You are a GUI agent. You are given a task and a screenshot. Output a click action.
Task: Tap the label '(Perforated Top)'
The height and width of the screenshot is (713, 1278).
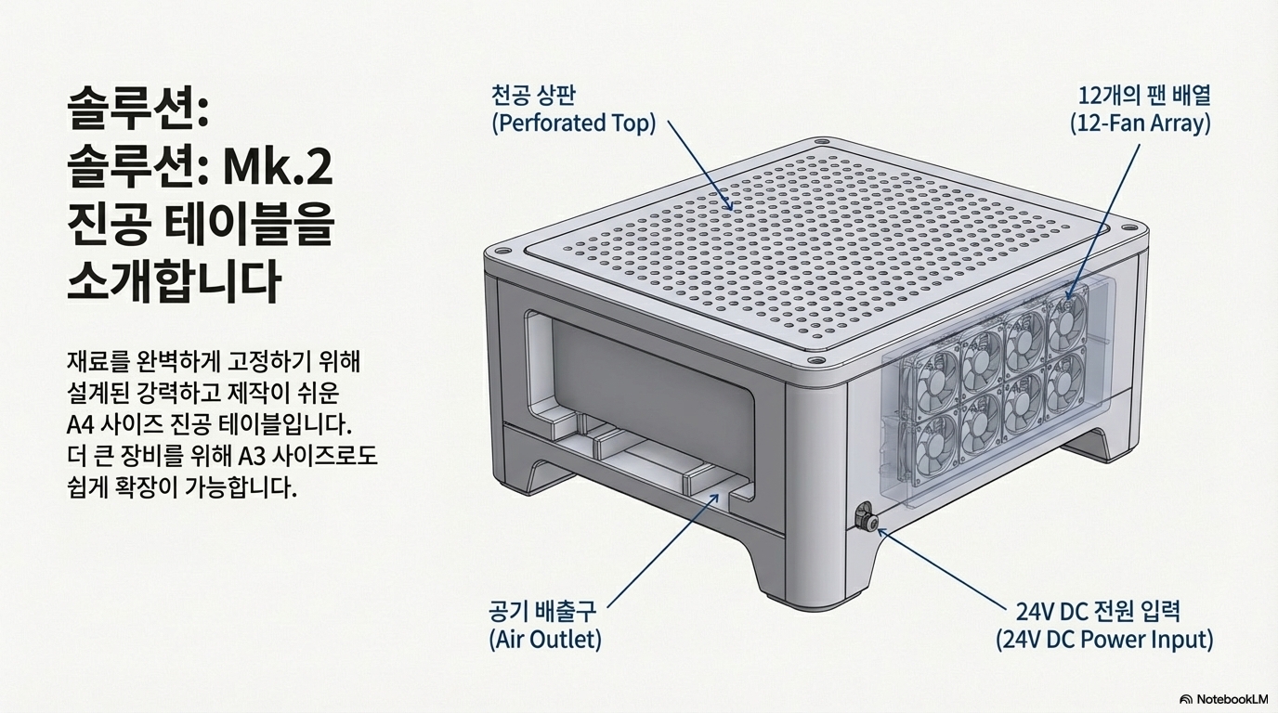point(574,123)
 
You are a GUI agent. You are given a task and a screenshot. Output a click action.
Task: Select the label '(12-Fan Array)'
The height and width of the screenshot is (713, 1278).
point(1140,123)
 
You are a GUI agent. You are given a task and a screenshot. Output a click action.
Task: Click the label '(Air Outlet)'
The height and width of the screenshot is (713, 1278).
point(545,639)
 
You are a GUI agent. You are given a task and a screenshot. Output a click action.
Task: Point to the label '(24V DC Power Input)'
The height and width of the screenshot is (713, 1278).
point(1104,639)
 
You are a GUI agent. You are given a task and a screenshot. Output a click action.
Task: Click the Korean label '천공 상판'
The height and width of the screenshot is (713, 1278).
point(533,95)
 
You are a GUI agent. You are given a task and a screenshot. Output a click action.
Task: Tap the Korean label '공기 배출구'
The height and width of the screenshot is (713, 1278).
point(542,612)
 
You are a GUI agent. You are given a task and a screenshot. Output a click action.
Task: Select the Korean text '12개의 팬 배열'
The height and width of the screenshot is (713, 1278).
point(1144,95)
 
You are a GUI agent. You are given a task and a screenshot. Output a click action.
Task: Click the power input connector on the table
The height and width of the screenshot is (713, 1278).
point(865,516)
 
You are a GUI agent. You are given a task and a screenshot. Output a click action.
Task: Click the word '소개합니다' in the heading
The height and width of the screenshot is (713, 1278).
point(174,282)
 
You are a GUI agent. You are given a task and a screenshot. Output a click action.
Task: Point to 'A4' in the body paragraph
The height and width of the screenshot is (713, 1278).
point(79,425)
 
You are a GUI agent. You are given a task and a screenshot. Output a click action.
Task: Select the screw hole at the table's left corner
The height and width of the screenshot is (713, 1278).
point(501,251)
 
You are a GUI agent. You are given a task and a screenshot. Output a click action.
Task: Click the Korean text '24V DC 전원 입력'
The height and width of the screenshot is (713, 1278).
point(1098,612)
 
